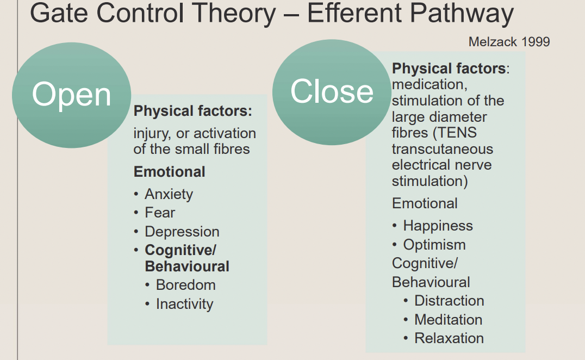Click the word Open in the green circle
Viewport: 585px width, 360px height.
(71, 95)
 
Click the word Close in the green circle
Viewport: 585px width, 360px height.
(332, 91)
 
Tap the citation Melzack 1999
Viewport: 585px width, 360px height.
(509, 42)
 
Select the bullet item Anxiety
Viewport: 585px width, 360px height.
(169, 194)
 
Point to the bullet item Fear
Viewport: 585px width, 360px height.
(160, 213)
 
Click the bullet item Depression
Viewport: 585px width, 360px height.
(182, 232)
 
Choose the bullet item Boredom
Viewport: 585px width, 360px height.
(185, 285)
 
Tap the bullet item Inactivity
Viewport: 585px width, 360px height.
(184, 304)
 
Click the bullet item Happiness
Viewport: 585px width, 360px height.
(438, 226)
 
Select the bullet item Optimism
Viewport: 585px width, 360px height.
(434, 245)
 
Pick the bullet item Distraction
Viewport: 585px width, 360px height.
(449, 301)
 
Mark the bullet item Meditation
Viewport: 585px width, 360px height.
(448, 320)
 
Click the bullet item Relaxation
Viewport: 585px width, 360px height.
(449, 338)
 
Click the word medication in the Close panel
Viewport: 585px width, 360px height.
(426, 85)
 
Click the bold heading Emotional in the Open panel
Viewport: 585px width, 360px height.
(170, 172)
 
